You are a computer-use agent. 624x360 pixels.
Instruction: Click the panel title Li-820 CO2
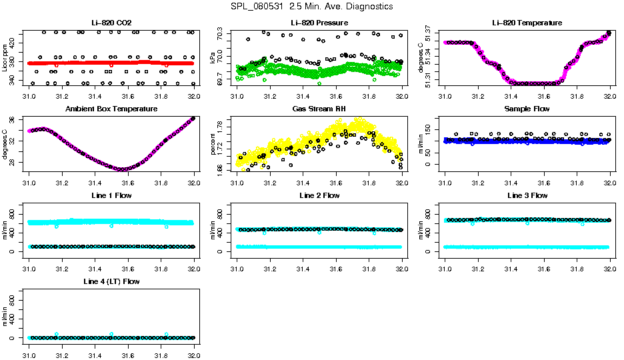(111, 23)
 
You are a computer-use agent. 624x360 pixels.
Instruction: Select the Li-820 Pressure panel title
(319, 23)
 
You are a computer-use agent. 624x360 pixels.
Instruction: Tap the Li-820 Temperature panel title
(527, 23)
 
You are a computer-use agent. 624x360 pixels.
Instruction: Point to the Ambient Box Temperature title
(111, 109)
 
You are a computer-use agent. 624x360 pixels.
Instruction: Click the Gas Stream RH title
(319, 109)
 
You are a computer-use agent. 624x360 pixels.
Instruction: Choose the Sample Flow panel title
(527, 109)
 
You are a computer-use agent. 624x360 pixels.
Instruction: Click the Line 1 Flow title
(111, 195)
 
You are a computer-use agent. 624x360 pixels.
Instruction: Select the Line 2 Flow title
(319, 195)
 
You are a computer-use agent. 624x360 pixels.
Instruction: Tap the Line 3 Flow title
(527, 195)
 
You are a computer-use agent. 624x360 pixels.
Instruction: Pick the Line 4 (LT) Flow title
(111, 281)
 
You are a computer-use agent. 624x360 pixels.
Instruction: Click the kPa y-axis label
(213, 59)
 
